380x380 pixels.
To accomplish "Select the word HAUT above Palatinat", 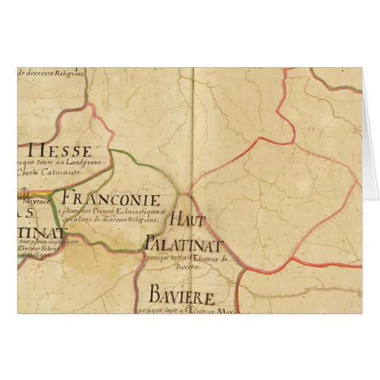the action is tap(188, 221).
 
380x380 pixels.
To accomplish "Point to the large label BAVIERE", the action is tap(181, 293).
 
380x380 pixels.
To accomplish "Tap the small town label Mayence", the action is tap(37, 201).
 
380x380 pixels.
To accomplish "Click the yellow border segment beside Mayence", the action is tap(39, 192).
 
